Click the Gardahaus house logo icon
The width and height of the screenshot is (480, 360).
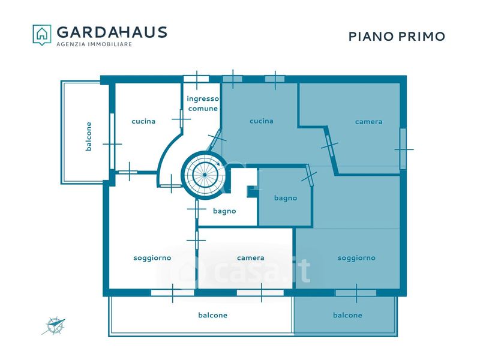[x=42, y=35]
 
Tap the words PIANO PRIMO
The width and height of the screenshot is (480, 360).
[x=397, y=37]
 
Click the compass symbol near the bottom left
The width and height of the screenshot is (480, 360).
[x=54, y=326]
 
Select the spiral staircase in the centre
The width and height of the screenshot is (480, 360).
[x=205, y=175]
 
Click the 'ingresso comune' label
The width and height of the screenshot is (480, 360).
[x=203, y=103]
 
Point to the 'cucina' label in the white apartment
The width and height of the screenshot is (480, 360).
[x=143, y=121]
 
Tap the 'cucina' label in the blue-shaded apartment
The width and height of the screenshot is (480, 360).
[x=262, y=121]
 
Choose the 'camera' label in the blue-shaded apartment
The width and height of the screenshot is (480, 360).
[x=368, y=122]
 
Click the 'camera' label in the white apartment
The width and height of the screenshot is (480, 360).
[x=250, y=258]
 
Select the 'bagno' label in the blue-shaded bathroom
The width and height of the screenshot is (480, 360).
[x=286, y=199]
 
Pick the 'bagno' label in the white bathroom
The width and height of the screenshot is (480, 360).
[x=224, y=211]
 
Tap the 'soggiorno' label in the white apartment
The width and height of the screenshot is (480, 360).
[x=152, y=259]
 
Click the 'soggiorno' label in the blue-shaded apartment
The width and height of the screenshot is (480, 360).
[x=356, y=258]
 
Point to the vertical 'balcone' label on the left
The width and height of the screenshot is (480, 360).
[x=88, y=137]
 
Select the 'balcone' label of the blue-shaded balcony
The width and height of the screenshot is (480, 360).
[x=347, y=315]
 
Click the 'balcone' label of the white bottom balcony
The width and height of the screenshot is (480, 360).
[x=213, y=315]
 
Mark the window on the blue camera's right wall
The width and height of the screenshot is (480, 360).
[x=403, y=149]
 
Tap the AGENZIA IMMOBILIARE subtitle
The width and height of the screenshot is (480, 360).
[x=94, y=44]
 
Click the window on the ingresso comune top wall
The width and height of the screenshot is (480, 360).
[x=196, y=79]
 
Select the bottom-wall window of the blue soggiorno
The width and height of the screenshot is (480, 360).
[x=356, y=293]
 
